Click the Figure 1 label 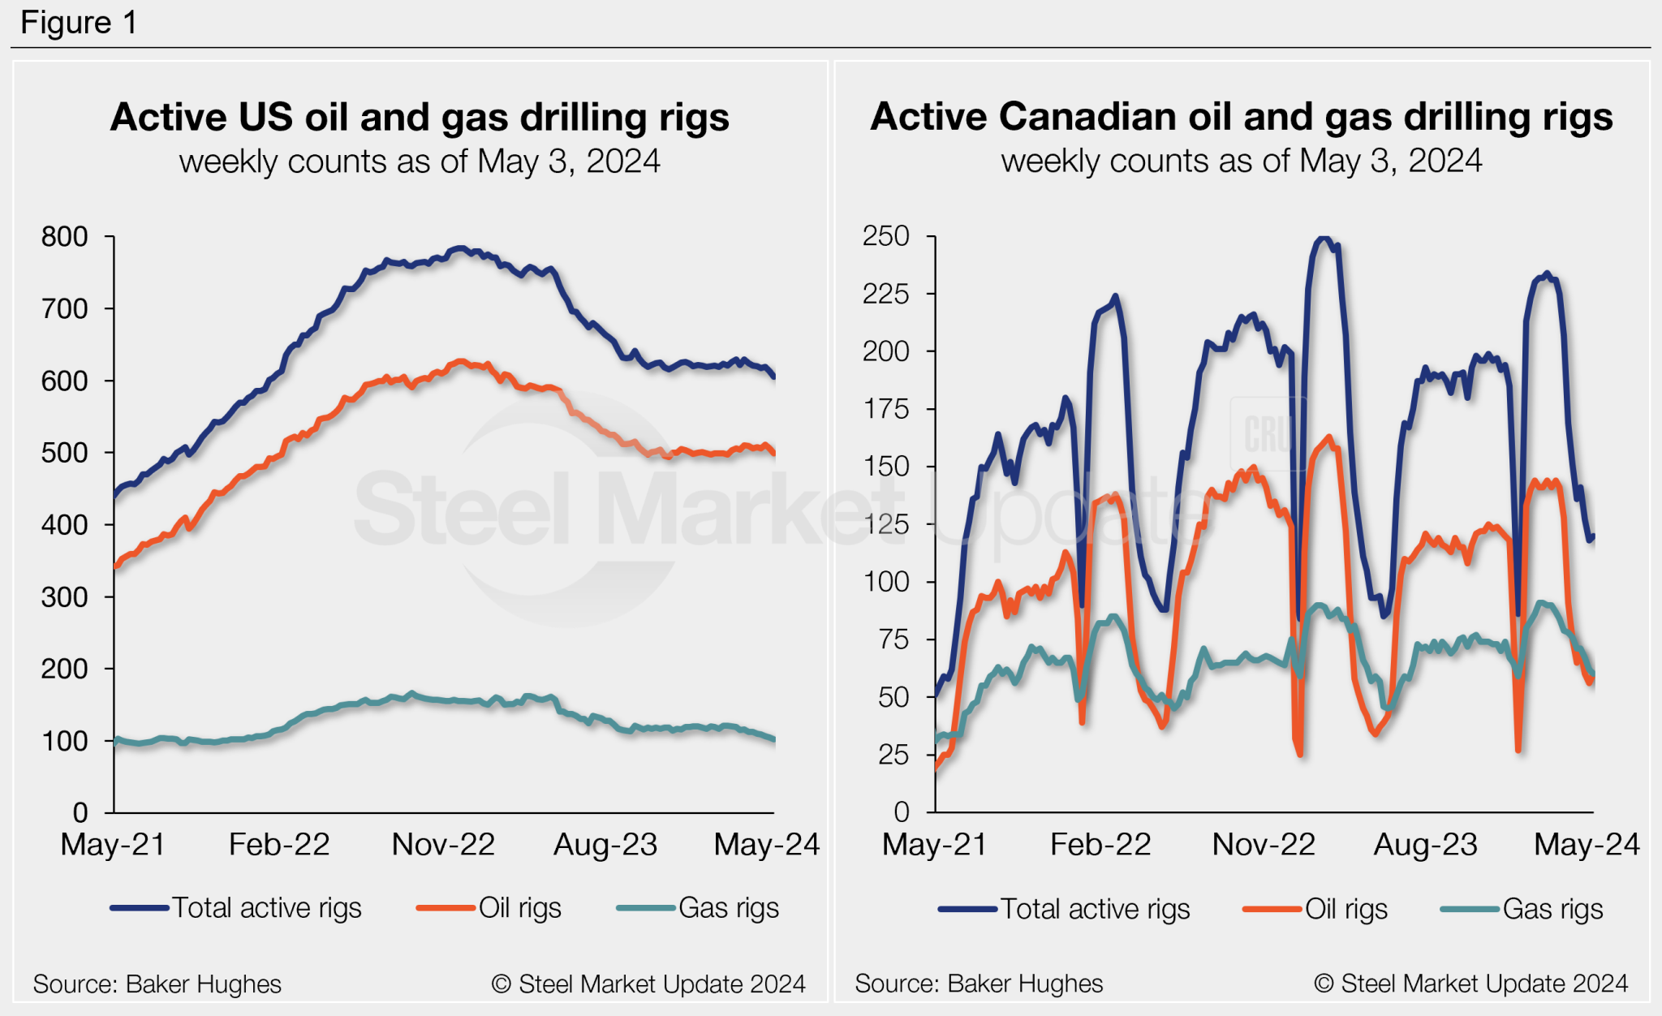79,22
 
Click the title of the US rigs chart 420,117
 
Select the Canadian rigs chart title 1241,117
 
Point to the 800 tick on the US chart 65,237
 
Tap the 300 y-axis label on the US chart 65,597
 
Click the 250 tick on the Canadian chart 886,236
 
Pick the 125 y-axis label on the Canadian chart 886,524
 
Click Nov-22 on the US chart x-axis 443,845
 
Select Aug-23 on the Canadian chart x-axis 1425,845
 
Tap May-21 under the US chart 113,845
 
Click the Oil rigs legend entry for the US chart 489,907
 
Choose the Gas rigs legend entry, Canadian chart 1522,909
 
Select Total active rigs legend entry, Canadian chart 1065,909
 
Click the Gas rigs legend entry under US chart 699,907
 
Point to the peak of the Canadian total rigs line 1324,239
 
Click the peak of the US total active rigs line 460,248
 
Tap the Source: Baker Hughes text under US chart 157,984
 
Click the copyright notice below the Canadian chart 1470,984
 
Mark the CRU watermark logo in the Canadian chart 1268,434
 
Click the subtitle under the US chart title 420,161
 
